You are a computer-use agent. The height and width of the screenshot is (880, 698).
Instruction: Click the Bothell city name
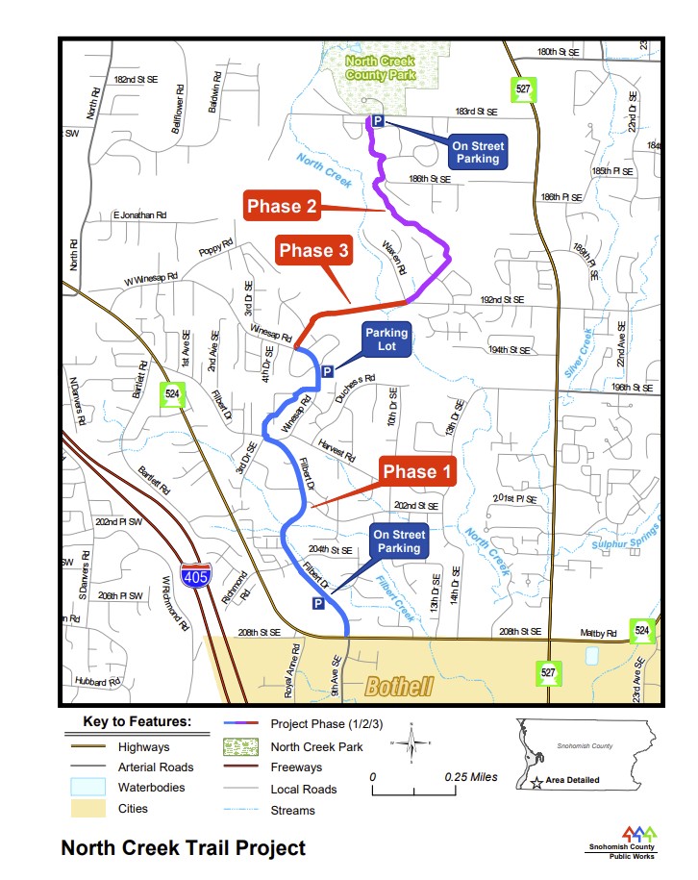tap(399, 687)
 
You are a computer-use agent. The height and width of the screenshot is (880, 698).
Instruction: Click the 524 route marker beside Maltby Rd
tap(643, 632)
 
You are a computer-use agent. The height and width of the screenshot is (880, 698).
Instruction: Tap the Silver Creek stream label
tap(581, 354)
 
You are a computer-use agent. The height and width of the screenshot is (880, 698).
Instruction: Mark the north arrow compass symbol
tap(411, 743)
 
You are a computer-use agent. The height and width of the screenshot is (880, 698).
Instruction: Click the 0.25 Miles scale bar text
tap(471, 777)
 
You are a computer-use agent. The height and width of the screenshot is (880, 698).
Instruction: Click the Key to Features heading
tap(137, 721)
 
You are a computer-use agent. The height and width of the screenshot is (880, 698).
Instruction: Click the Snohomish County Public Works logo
tap(624, 841)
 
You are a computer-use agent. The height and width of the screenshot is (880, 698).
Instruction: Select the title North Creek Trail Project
tap(183, 848)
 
